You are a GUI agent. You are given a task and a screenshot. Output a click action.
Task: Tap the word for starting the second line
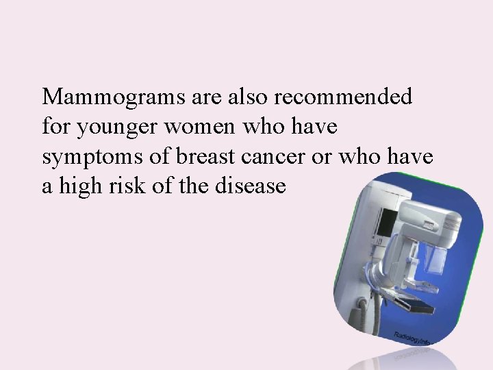(55, 127)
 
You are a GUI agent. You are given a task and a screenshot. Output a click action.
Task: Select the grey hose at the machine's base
(362, 312)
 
